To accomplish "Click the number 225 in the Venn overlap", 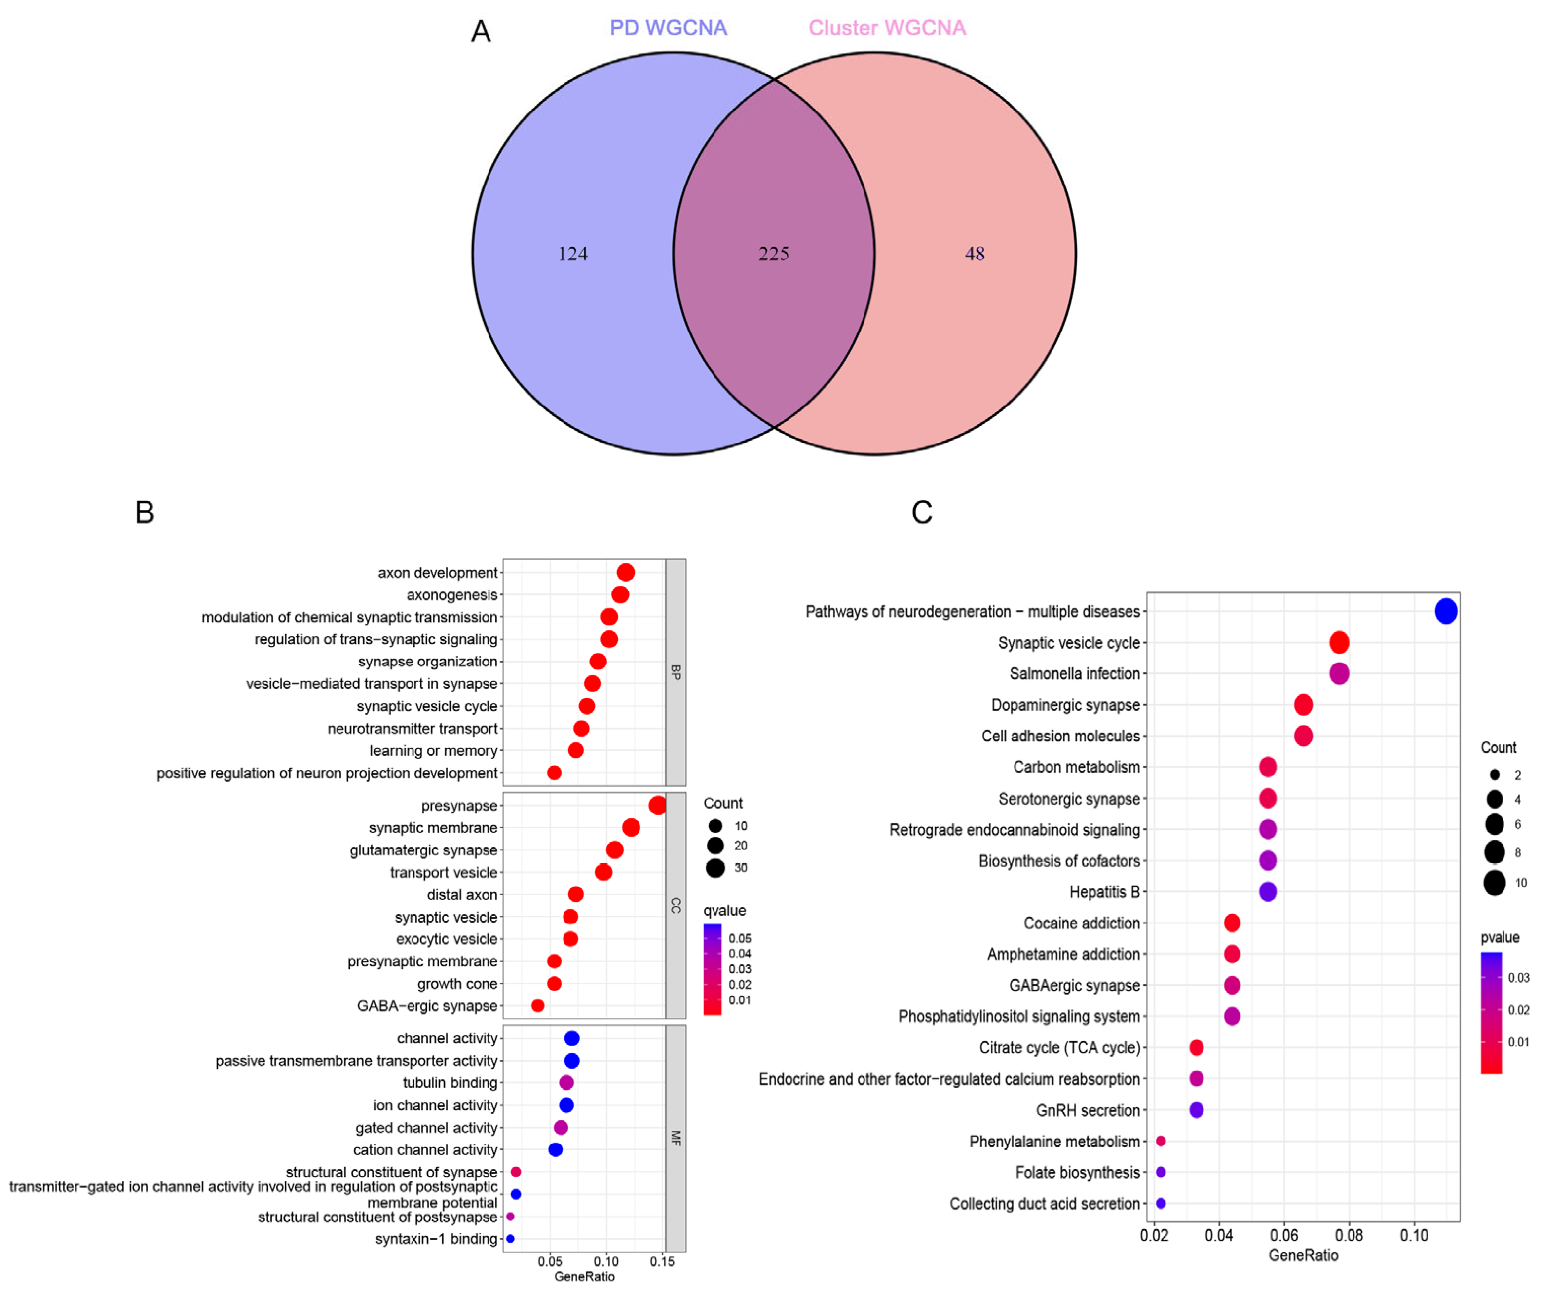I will [773, 254].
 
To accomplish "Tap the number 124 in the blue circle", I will [572, 254].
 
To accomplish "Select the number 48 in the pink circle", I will [975, 254].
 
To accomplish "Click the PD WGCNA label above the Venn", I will [668, 28].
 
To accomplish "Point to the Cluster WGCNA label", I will [887, 28].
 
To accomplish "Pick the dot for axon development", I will [625, 572].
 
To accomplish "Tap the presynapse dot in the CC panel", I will [657, 806].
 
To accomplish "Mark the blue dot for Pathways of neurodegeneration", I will [1446, 611].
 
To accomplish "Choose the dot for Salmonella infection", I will [1339, 673].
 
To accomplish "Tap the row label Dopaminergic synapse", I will [1065, 705].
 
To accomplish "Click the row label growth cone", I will [457, 984].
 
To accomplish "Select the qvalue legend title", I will [724, 911].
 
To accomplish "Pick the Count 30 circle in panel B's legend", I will [715, 868].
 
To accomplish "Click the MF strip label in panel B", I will [676, 1138].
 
